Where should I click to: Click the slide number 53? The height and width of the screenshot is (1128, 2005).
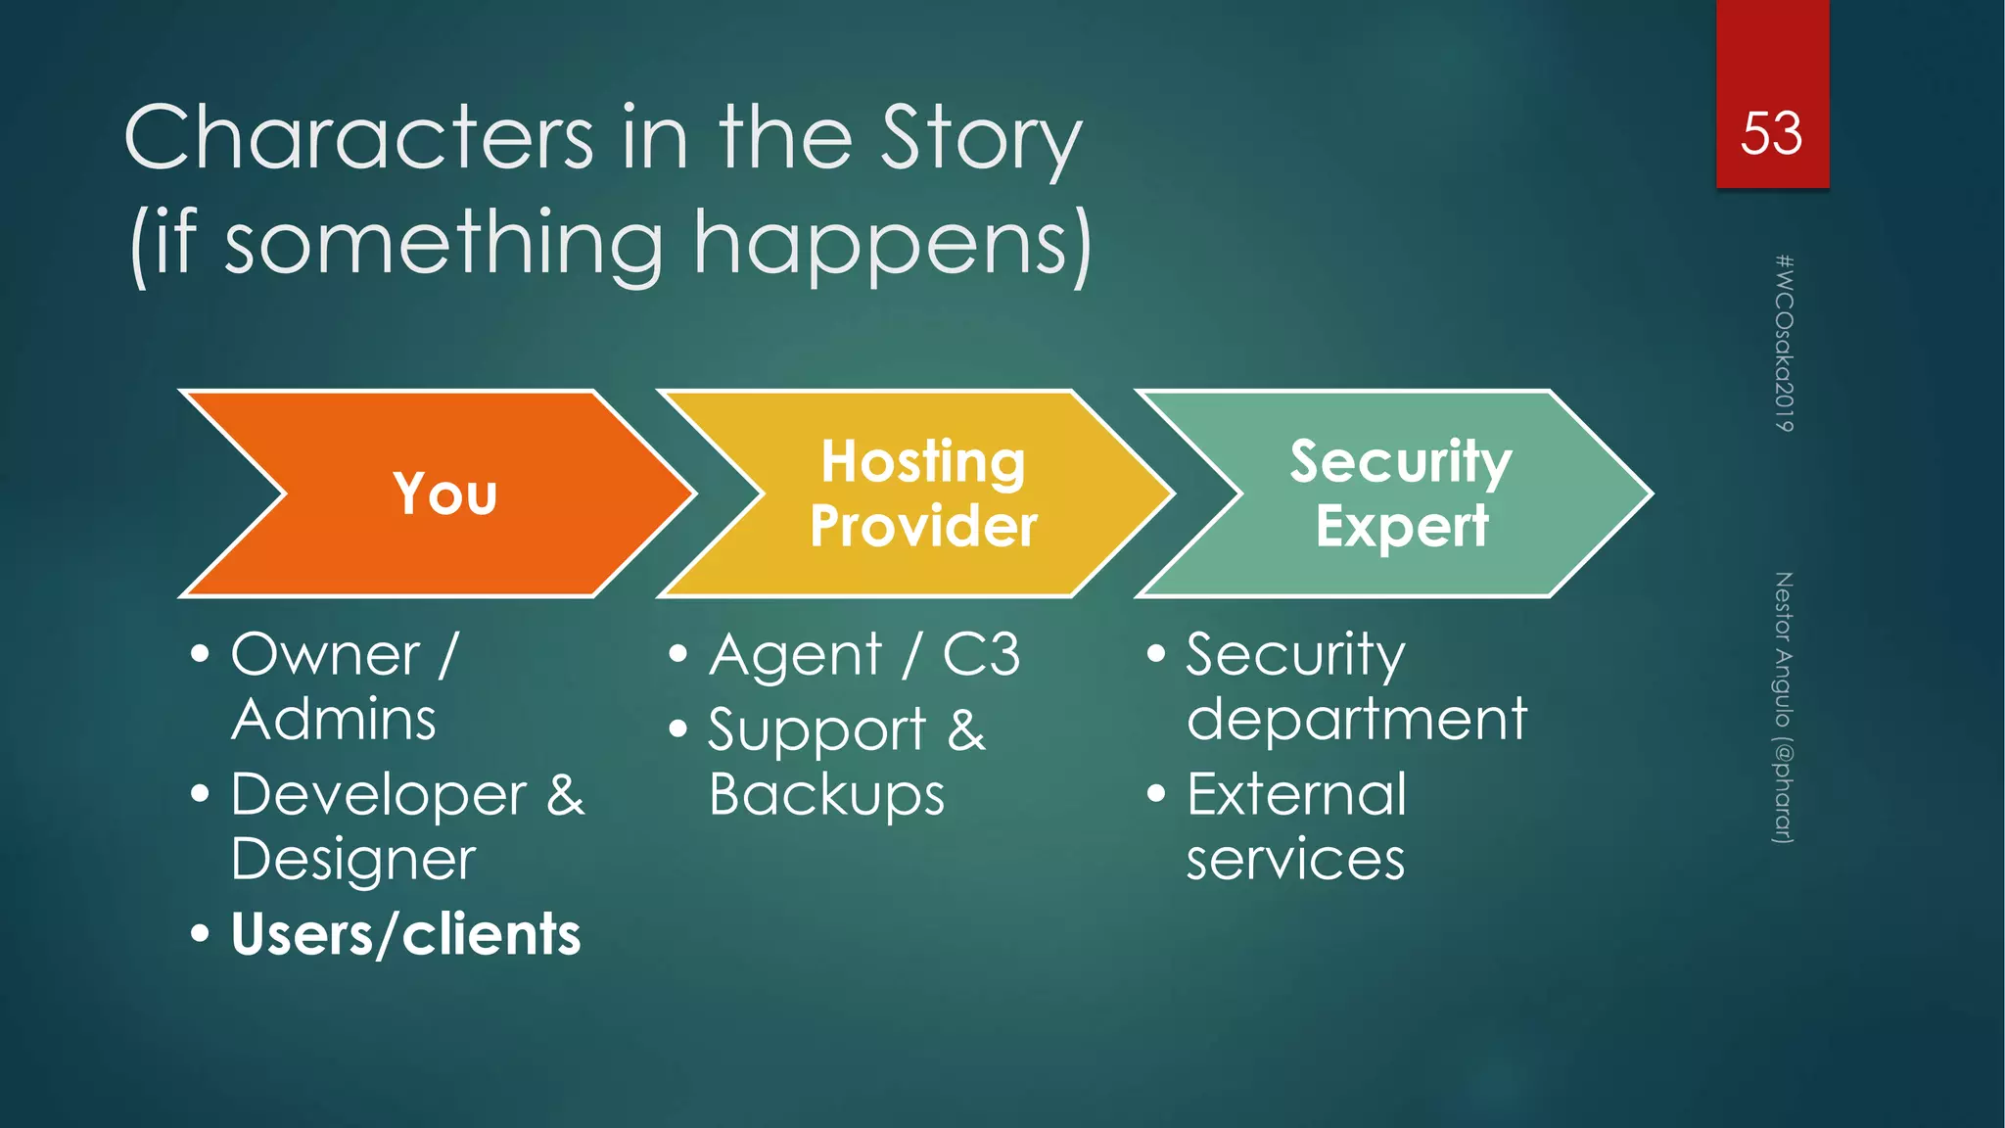(x=1771, y=134)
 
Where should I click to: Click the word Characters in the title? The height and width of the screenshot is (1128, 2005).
(x=358, y=139)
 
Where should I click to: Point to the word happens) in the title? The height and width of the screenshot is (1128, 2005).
(x=892, y=245)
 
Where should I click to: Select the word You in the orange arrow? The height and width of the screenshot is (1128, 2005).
(x=445, y=493)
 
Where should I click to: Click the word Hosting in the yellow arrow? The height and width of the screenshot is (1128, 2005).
(x=922, y=462)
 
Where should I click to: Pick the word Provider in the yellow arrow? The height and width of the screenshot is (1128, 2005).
(x=922, y=527)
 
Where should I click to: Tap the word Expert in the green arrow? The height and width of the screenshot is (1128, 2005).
(x=1402, y=527)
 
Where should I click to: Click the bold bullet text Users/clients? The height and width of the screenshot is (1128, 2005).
(x=405, y=934)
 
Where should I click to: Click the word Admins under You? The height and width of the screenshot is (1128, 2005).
(x=333, y=720)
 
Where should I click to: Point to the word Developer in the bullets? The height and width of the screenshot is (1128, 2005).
(x=379, y=795)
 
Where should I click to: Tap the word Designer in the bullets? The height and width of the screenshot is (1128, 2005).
(x=353, y=861)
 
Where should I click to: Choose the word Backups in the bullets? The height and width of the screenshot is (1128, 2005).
(x=826, y=795)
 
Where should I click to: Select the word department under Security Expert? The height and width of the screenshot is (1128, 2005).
(x=1356, y=720)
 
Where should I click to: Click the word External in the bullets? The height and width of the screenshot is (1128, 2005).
(x=1296, y=795)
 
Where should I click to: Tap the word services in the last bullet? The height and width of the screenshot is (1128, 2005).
(x=1294, y=861)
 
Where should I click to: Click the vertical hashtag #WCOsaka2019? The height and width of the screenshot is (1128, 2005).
(x=1784, y=343)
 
